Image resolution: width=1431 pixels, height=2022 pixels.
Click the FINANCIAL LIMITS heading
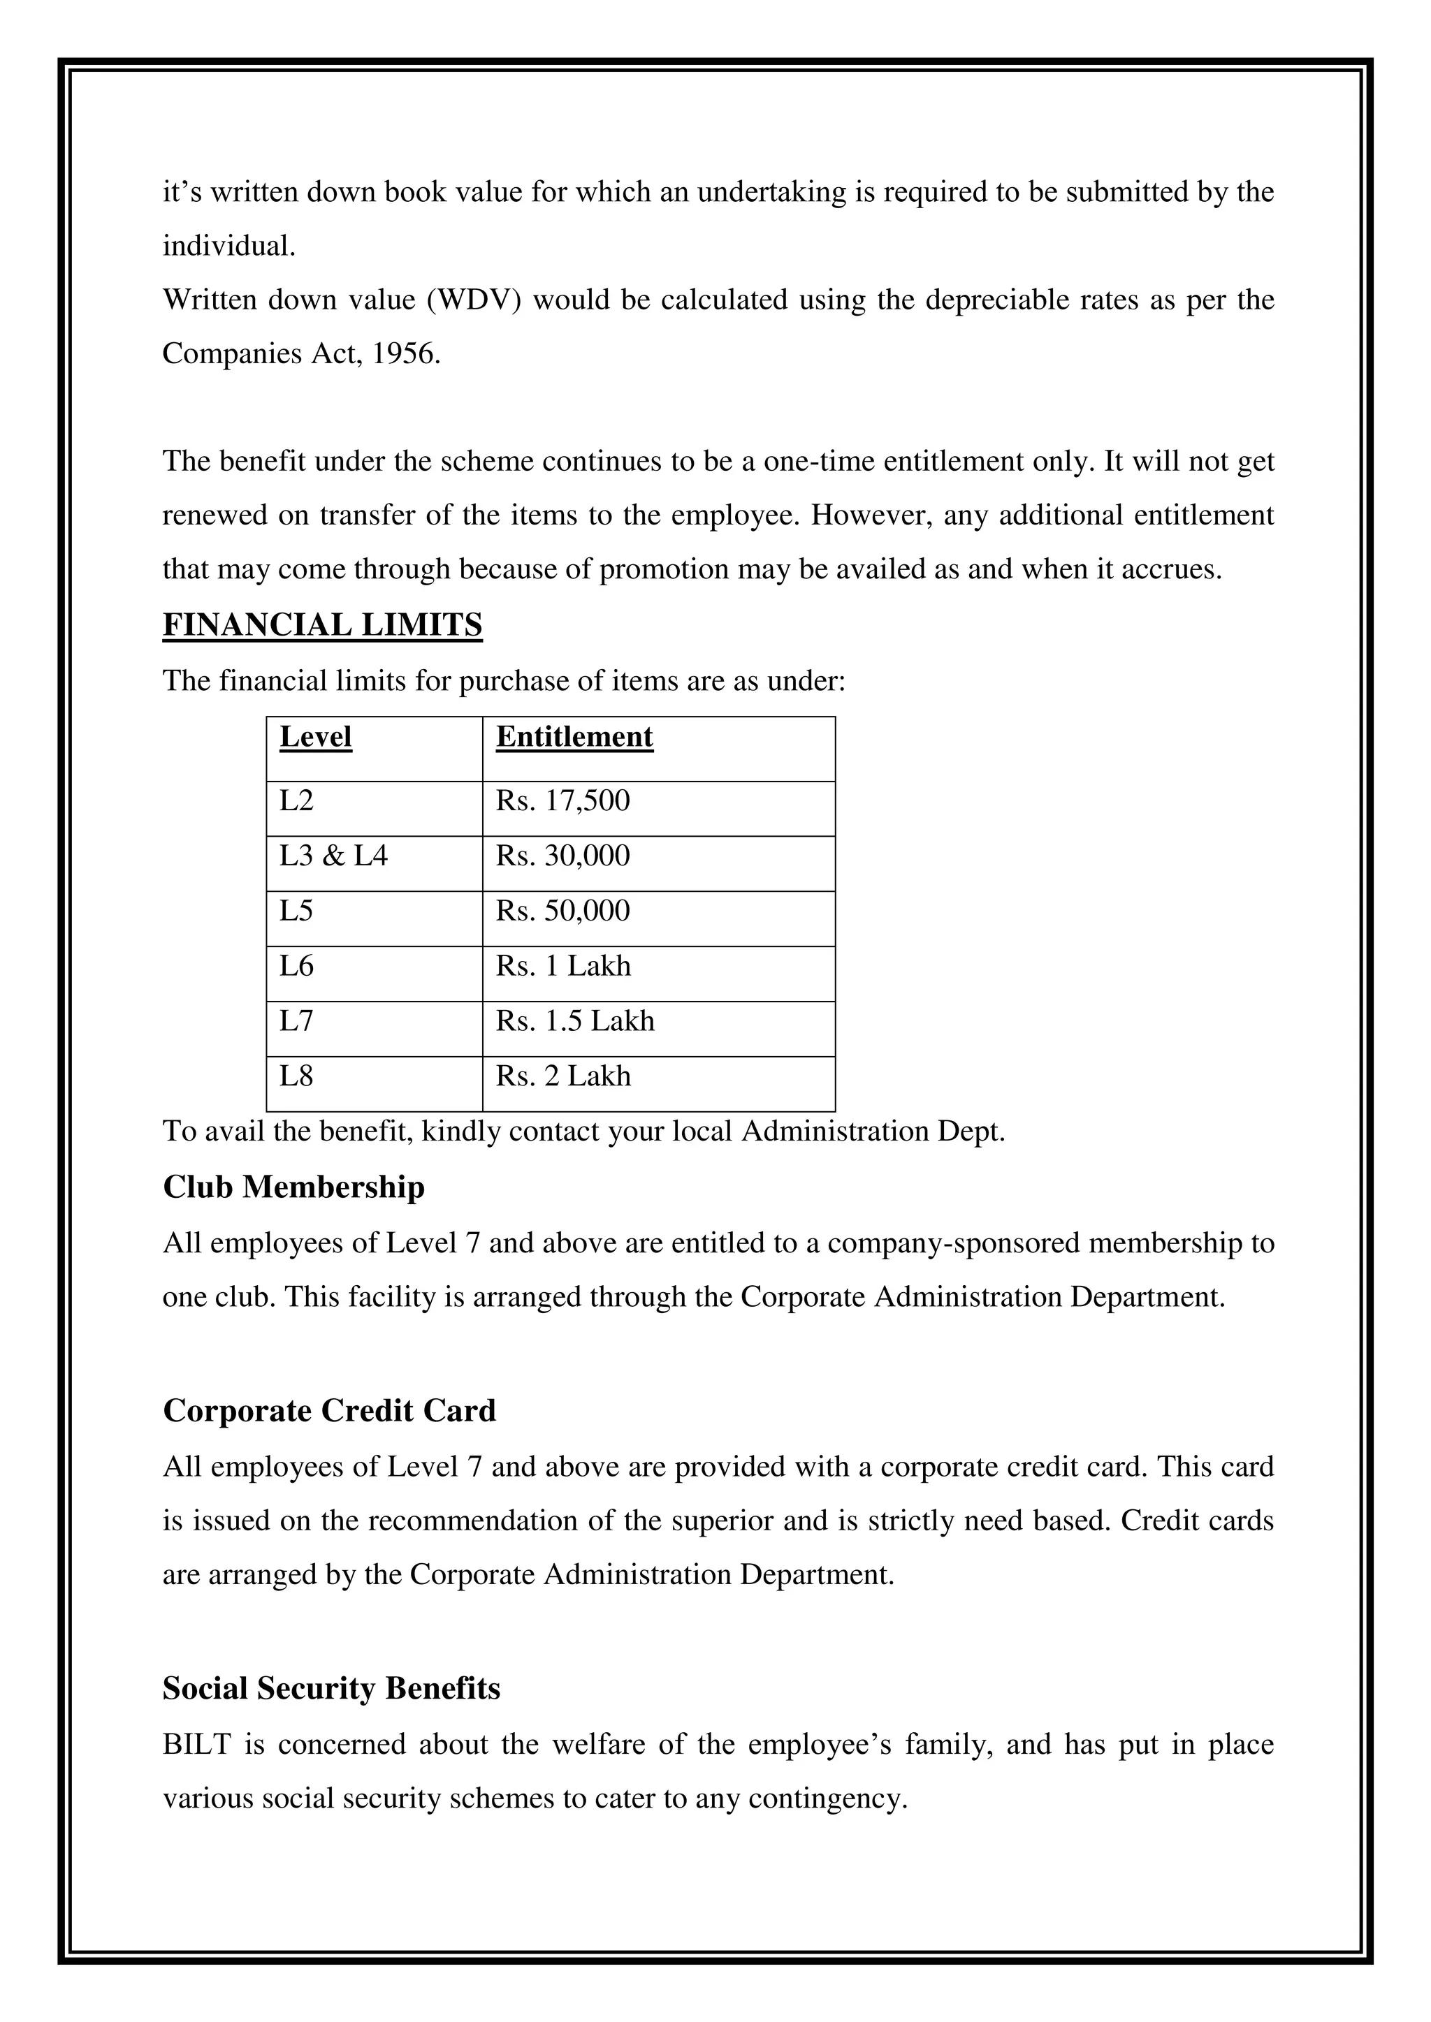323,625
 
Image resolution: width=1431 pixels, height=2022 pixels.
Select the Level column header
315,736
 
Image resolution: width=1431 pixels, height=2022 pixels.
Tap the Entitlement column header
574,736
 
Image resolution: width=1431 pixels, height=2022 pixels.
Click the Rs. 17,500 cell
562,800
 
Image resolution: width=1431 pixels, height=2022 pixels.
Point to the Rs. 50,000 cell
562,911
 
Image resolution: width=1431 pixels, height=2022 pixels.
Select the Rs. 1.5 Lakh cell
574,1020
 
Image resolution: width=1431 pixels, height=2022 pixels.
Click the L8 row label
296,1076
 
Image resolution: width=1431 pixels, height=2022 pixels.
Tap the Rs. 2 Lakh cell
563,1076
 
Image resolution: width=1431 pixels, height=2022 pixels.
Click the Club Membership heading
293,1187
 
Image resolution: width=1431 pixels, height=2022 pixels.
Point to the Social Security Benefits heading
331,1688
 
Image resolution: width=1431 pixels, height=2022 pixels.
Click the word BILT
196,1744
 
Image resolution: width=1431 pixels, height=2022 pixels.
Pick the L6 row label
296,966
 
